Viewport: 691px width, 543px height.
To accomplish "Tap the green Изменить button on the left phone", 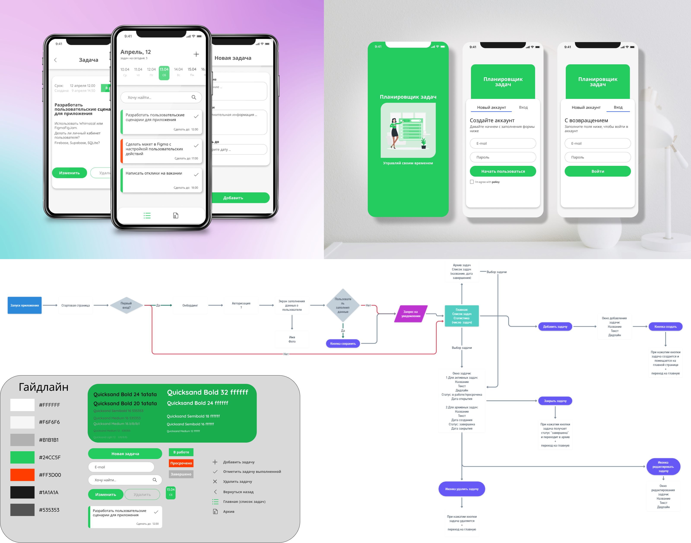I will pyautogui.click(x=69, y=173).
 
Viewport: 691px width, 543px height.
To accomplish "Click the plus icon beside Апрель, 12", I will pyautogui.click(x=196, y=54).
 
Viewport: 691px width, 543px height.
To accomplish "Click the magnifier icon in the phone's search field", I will pyautogui.click(x=194, y=97).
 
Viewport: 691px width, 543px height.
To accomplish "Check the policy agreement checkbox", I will pyautogui.click(x=472, y=182).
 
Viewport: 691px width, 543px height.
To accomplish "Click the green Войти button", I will pyautogui.click(x=597, y=171).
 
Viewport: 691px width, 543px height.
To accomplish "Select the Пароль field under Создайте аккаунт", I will pyautogui.click(x=503, y=157).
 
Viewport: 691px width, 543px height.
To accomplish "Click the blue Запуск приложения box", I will pyautogui.click(x=24, y=305).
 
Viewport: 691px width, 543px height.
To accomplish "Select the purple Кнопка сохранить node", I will pyautogui.click(x=343, y=343).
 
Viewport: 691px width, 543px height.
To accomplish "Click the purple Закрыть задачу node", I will pyautogui.click(x=555, y=401).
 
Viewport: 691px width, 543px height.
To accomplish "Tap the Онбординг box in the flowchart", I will pyautogui.click(x=190, y=305).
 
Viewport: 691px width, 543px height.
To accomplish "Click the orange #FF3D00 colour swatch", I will pyautogui.click(x=22, y=475).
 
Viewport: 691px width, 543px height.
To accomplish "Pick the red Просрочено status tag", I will pyautogui.click(x=181, y=463).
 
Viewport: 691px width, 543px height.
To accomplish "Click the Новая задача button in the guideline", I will pyautogui.click(x=125, y=454).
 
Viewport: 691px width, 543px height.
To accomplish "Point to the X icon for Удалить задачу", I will pyautogui.click(x=215, y=481).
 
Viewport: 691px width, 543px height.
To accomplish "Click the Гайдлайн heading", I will pyautogui.click(x=44, y=387).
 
